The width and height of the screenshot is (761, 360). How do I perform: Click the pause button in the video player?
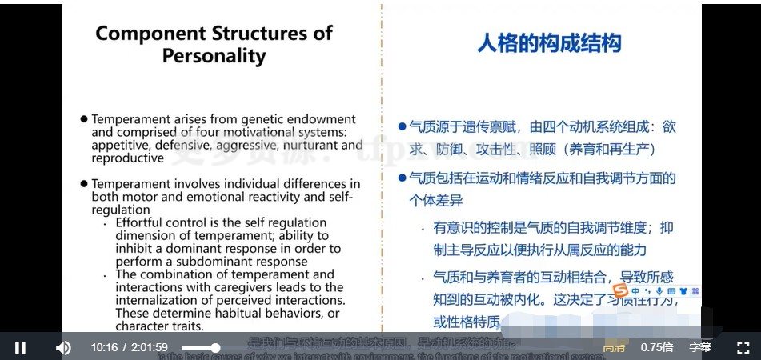(x=20, y=347)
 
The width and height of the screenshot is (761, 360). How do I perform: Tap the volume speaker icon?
(x=63, y=347)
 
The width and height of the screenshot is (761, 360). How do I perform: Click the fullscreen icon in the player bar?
(x=743, y=347)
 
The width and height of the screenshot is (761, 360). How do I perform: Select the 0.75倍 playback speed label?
(x=657, y=347)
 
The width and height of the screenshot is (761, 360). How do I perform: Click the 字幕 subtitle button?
(x=700, y=347)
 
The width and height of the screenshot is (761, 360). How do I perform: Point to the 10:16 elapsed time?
(x=104, y=347)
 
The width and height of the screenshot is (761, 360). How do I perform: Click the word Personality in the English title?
(x=214, y=56)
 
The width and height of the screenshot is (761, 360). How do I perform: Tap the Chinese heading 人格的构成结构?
(x=549, y=43)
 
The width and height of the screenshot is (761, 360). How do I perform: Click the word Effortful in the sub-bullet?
(x=142, y=222)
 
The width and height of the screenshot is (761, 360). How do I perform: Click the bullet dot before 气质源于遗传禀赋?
(x=403, y=126)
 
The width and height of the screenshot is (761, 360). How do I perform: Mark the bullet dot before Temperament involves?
(x=83, y=184)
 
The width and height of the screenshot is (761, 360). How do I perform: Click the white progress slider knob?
(x=215, y=347)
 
